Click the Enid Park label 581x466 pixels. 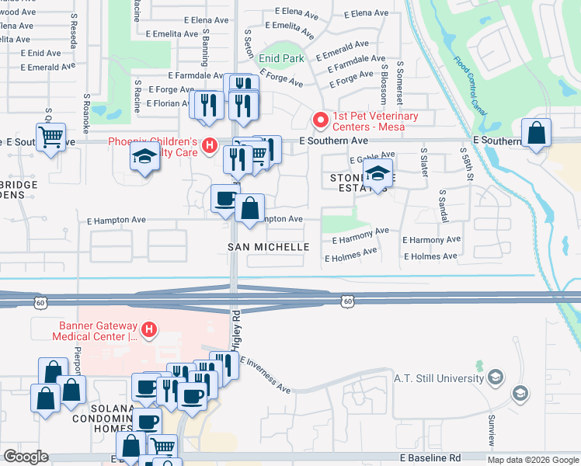281,57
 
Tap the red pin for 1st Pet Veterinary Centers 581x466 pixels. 318,120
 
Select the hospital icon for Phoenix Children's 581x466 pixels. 208,145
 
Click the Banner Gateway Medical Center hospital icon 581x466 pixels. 148,331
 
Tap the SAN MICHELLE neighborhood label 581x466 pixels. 268,247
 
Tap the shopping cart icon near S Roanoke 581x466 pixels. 51,137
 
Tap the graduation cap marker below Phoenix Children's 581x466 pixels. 144,158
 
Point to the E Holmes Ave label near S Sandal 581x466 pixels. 430,256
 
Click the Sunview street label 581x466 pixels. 490,429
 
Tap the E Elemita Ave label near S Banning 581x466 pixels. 172,34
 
